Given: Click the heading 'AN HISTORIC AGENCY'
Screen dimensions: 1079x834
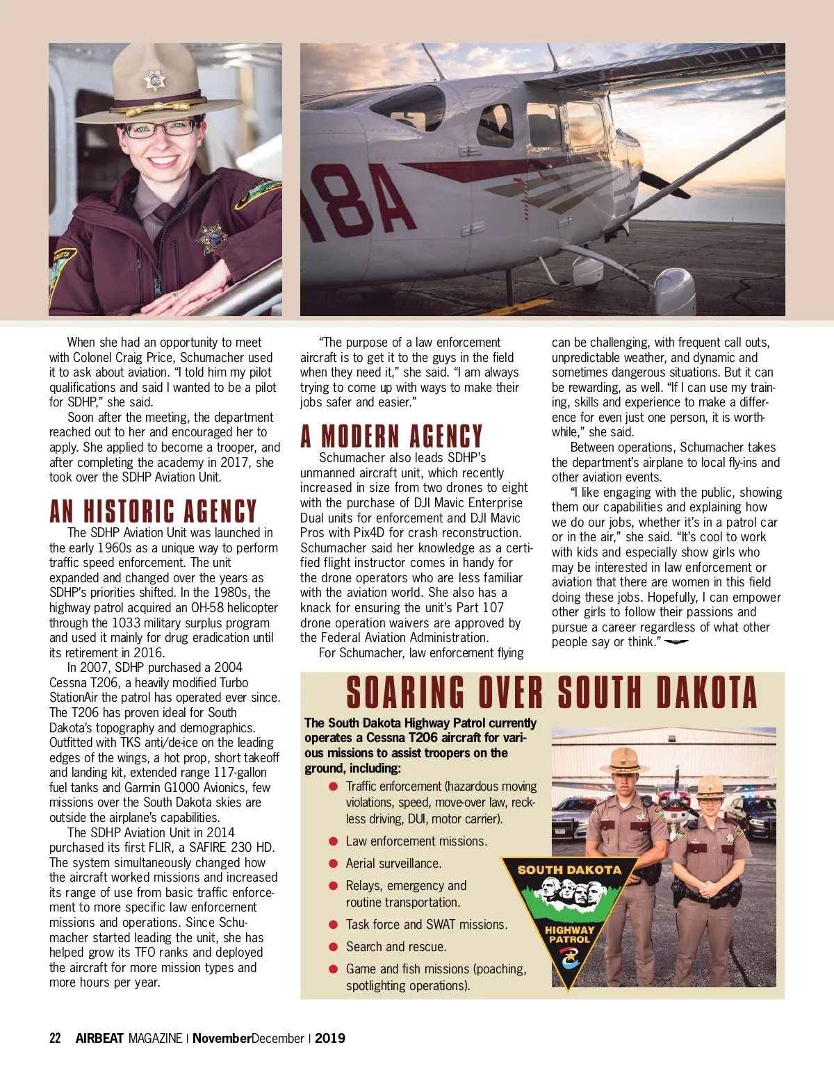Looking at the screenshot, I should [x=153, y=512].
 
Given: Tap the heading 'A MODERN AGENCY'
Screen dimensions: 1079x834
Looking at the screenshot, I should [x=391, y=437].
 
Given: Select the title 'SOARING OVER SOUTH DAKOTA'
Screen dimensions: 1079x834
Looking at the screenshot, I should [x=551, y=693].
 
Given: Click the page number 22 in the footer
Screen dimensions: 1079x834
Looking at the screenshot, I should [x=55, y=1039].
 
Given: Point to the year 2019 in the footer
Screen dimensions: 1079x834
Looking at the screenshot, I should [x=330, y=1039].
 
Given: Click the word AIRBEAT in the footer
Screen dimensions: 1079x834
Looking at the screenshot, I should [x=99, y=1039].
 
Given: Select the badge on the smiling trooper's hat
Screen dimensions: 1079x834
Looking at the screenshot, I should [x=154, y=81].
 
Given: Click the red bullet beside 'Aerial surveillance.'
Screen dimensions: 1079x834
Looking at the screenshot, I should [x=333, y=864].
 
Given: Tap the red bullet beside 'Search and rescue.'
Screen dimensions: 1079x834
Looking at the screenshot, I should [x=333, y=947].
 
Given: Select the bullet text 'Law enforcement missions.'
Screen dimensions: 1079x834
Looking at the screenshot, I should [x=416, y=841].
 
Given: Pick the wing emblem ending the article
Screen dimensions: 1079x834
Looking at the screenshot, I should [x=676, y=642].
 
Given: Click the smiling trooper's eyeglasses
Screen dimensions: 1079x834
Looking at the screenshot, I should [x=163, y=129].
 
